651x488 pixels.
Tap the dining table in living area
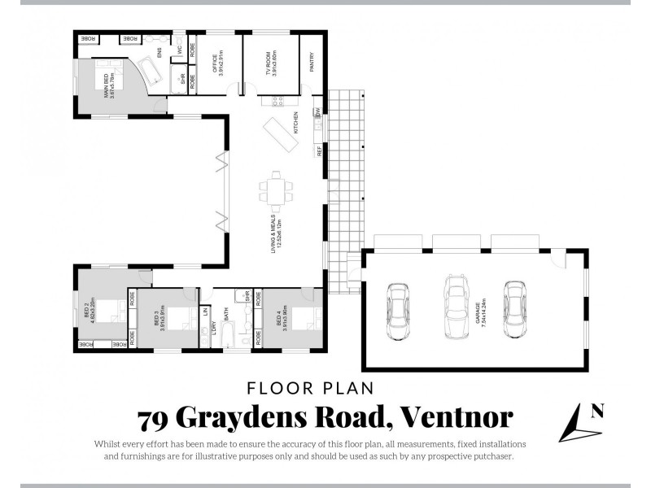click(x=275, y=191)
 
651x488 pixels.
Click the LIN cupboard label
click(x=206, y=311)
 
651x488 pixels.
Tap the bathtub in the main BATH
click(x=227, y=335)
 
